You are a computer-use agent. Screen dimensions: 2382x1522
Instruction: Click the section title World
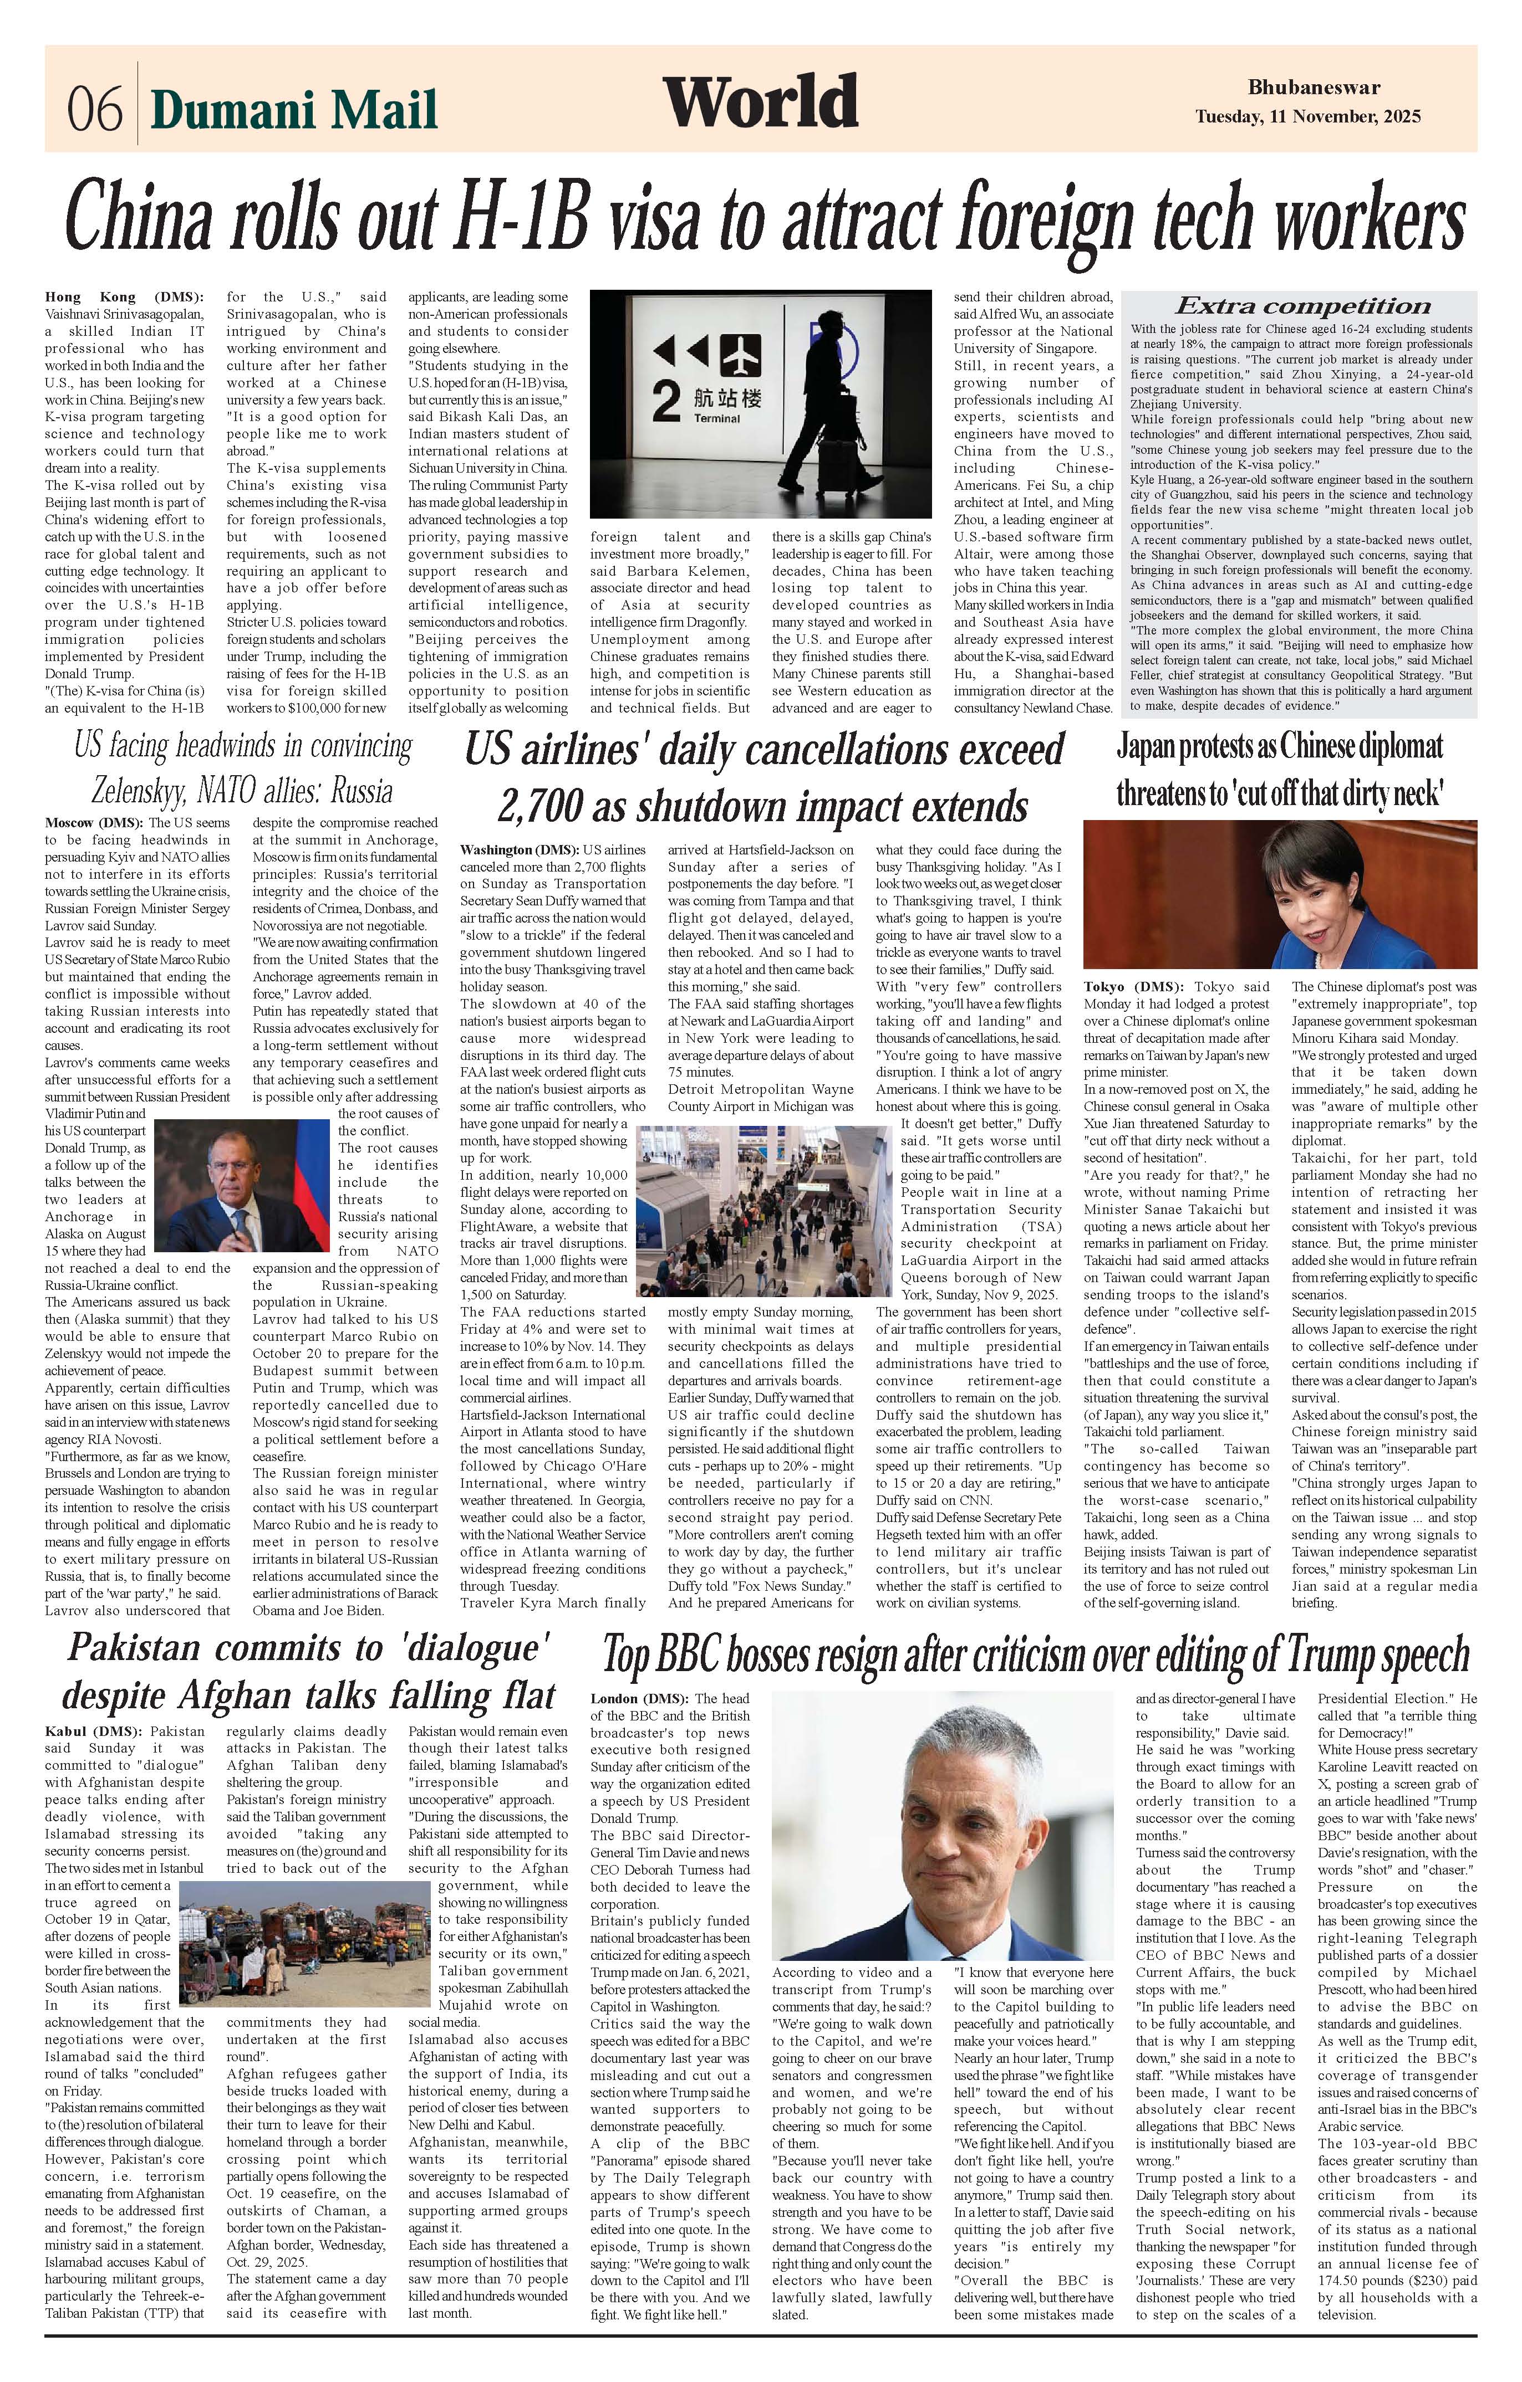coord(760,102)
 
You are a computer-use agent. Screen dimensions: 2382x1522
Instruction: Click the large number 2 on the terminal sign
coord(668,403)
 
